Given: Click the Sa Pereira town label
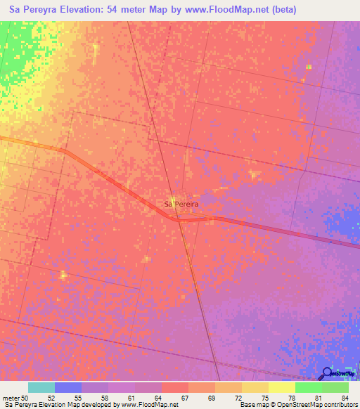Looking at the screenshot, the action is point(181,204).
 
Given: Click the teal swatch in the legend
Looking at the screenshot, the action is point(41,387).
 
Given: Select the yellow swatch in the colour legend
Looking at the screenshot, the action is point(282,387).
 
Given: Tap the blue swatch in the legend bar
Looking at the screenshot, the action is point(68,387).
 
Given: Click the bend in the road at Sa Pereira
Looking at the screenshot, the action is point(179,220).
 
